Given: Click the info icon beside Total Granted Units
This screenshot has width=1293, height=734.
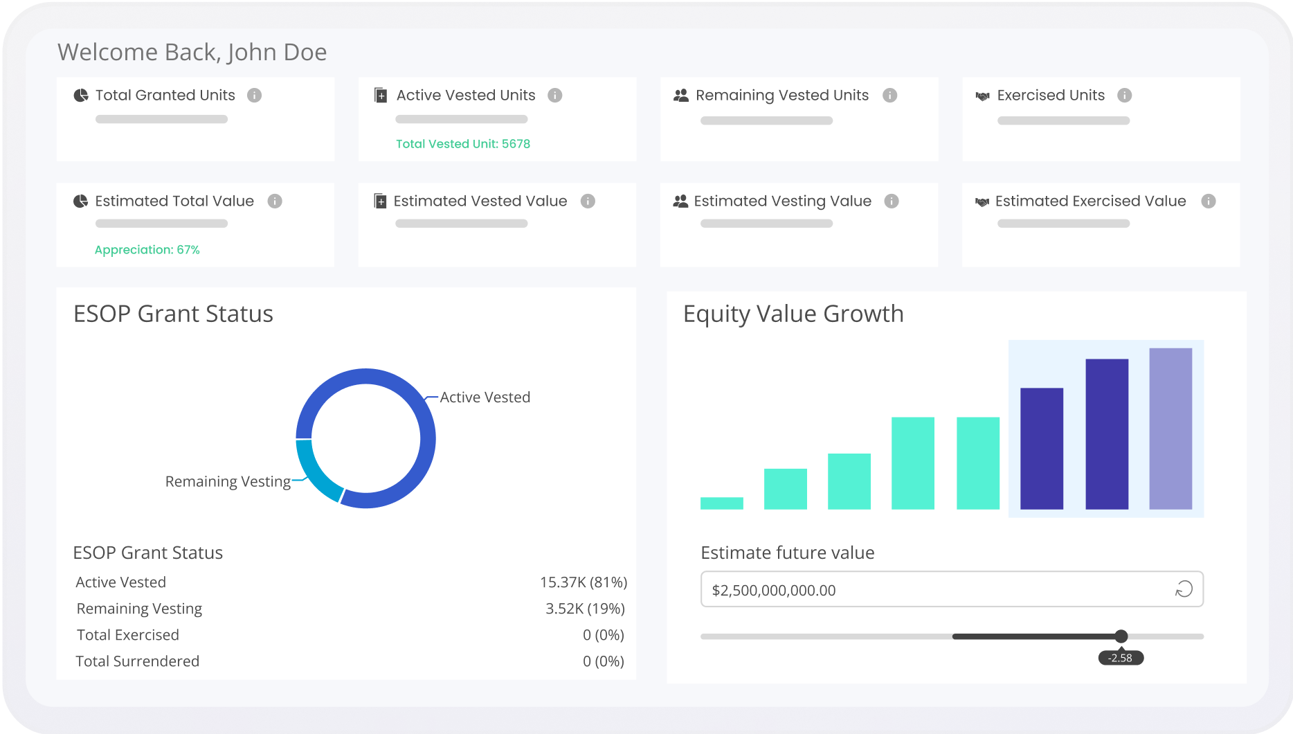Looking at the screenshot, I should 254,96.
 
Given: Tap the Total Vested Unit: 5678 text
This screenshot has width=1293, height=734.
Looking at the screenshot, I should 462,144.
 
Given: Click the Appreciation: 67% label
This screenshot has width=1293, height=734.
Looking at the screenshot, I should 147,250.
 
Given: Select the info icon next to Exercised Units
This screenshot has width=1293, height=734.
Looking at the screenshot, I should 1124,96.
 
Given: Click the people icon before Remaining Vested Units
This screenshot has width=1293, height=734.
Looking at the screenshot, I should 680,96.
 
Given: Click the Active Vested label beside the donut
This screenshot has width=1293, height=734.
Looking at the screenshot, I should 485,397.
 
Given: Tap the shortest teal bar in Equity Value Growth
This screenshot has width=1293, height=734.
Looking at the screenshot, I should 721,503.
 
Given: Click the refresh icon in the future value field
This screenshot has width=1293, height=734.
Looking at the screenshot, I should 1184,589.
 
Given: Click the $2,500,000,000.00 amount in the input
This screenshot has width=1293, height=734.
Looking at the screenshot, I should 773,591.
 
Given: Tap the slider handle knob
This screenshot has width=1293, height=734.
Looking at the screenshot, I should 1121,636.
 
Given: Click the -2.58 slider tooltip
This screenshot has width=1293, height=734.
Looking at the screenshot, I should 1120,658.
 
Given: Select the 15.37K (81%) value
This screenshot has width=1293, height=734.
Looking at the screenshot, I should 583,582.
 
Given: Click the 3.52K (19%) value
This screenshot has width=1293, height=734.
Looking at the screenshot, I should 585,609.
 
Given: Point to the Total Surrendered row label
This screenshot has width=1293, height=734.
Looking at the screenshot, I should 137,661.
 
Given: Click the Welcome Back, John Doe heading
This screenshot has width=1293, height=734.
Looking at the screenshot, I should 192,53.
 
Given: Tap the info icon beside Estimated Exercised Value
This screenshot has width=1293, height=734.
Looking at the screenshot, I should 1208,201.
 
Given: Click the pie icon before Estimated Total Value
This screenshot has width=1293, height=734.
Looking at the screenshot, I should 80,202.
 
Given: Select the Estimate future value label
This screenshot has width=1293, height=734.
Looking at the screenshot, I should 787,553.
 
